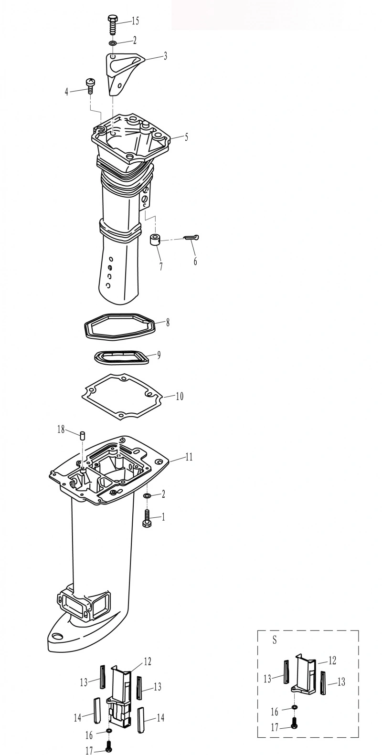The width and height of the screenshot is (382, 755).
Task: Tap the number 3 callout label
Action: tap(165, 56)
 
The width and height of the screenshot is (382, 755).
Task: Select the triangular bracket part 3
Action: tap(122, 73)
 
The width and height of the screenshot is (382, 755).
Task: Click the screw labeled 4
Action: tap(90, 85)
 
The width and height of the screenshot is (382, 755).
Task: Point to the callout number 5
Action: tap(186, 137)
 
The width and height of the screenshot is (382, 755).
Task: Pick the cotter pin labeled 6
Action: tap(191, 238)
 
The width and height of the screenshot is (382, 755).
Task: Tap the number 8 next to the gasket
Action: tap(168, 323)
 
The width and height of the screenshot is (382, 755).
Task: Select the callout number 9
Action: tap(159, 355)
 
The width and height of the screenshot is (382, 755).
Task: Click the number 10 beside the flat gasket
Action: tap(180, 396)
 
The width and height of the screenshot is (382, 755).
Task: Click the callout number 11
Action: tap(189, 457)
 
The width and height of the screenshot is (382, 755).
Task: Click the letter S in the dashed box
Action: tap(275, 640)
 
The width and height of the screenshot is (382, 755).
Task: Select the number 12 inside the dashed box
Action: tap(332, 661)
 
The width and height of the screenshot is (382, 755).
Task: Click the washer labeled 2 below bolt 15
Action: tap(113, 43)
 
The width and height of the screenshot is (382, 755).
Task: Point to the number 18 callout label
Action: tap(61, 430)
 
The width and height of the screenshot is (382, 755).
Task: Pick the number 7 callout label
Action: tap(161, 266)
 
